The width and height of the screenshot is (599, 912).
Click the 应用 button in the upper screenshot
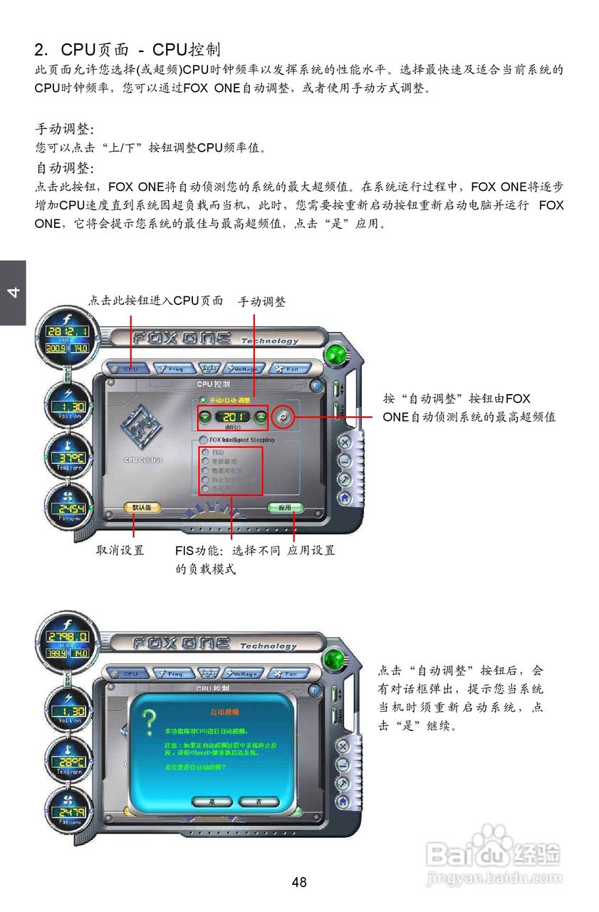[285, 508]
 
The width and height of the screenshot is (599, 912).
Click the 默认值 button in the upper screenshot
[142, 507]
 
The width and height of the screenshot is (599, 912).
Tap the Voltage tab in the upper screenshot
[244, 369]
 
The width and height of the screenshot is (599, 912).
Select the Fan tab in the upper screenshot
[289, 369]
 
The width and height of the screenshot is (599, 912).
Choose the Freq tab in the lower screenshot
[172, 673]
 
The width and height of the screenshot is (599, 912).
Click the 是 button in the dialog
[212, 802]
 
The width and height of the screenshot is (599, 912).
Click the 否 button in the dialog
[258, 802]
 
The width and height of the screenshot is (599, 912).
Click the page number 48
[299, 883]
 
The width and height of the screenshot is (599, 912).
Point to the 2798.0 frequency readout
[68, 637]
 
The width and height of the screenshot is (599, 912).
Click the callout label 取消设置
[120, 550]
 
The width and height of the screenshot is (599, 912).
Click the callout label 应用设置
[311, 550]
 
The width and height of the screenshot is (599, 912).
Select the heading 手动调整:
[65, 130]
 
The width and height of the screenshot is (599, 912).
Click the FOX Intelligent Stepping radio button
[204, 440]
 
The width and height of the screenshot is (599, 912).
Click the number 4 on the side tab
[12, 293]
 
